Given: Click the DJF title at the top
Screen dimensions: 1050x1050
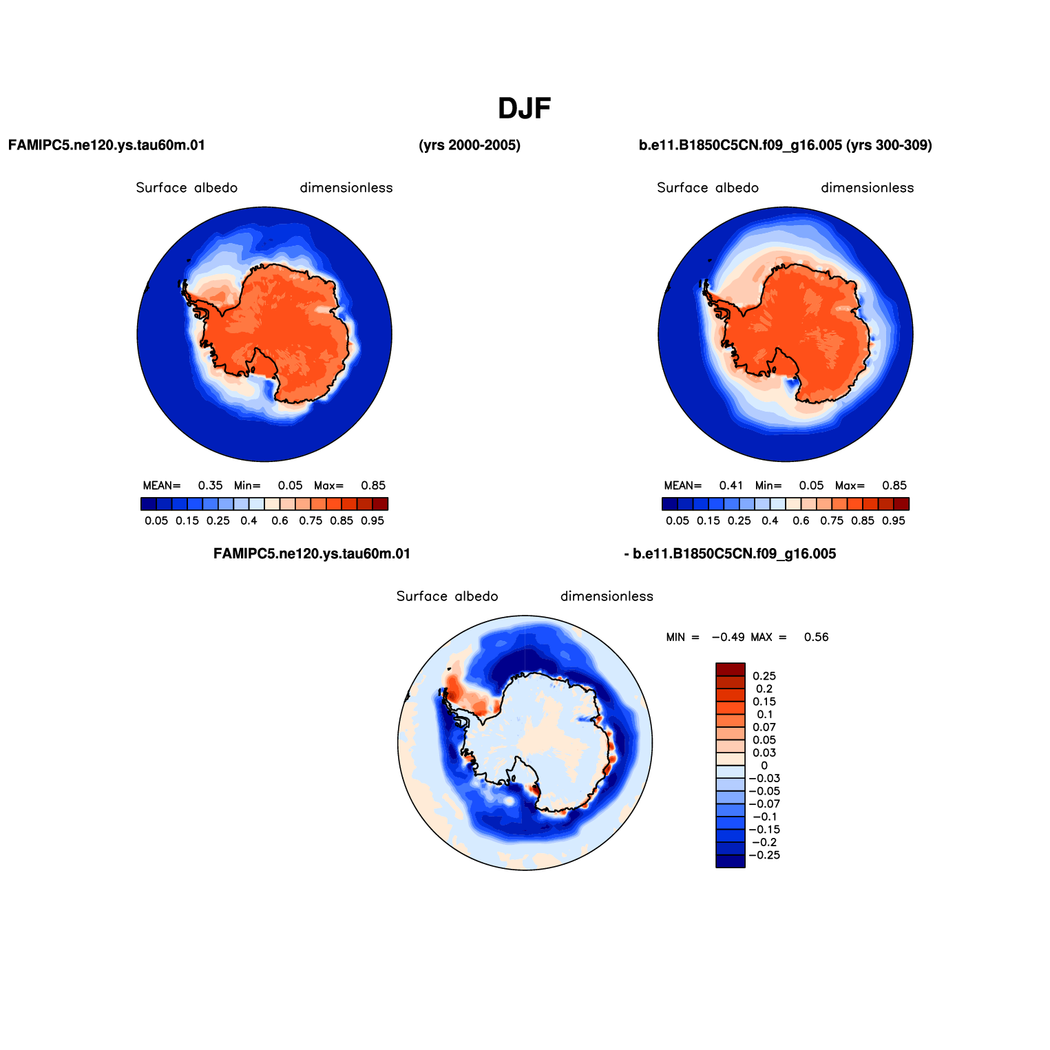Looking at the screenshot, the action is click(525, 109).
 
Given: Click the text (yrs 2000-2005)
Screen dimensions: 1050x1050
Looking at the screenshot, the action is click(470, 145).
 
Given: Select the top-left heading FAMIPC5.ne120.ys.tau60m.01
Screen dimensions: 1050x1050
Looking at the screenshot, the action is click(107, 145).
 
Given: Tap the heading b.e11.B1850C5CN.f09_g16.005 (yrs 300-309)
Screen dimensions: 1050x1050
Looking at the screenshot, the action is click(786, 145).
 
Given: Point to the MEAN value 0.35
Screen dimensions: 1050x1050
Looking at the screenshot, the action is click(211, 485).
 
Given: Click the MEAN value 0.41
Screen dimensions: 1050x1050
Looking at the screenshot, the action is click(731, 485).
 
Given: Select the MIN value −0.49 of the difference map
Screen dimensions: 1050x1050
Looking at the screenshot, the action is click(728, 638).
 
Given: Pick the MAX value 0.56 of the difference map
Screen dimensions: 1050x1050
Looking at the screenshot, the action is click(817, 638).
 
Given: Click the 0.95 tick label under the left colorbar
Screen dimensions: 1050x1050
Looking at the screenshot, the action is click(372, 521).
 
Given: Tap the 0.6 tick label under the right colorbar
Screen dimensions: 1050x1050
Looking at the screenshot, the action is click(801, 521).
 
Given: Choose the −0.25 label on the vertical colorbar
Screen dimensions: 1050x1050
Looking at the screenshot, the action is click(764, 855).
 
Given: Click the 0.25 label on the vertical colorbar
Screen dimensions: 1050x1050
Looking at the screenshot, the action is click(764, 676).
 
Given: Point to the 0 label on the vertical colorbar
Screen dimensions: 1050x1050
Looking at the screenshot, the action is click(764, 766).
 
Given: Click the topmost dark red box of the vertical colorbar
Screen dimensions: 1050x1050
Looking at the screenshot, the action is click(731, 669).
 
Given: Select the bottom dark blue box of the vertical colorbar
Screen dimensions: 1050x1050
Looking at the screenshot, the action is click(731, 861).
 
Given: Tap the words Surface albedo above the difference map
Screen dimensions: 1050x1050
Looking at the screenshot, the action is click(448, 596).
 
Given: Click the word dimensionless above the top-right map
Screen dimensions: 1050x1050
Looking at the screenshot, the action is click(868, 188).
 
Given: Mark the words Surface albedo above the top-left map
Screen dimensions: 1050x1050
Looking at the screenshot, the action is click(187, 188).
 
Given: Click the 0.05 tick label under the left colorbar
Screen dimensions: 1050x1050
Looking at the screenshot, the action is click(156, 521).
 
